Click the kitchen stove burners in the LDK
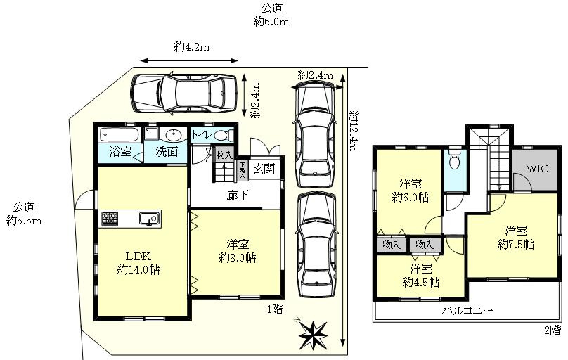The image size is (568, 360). (110, 219)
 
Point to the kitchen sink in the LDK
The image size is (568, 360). (149, 219)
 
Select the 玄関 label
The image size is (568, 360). (264, 169)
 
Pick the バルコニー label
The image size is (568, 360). (467, 310)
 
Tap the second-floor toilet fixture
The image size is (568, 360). (454, 162)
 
